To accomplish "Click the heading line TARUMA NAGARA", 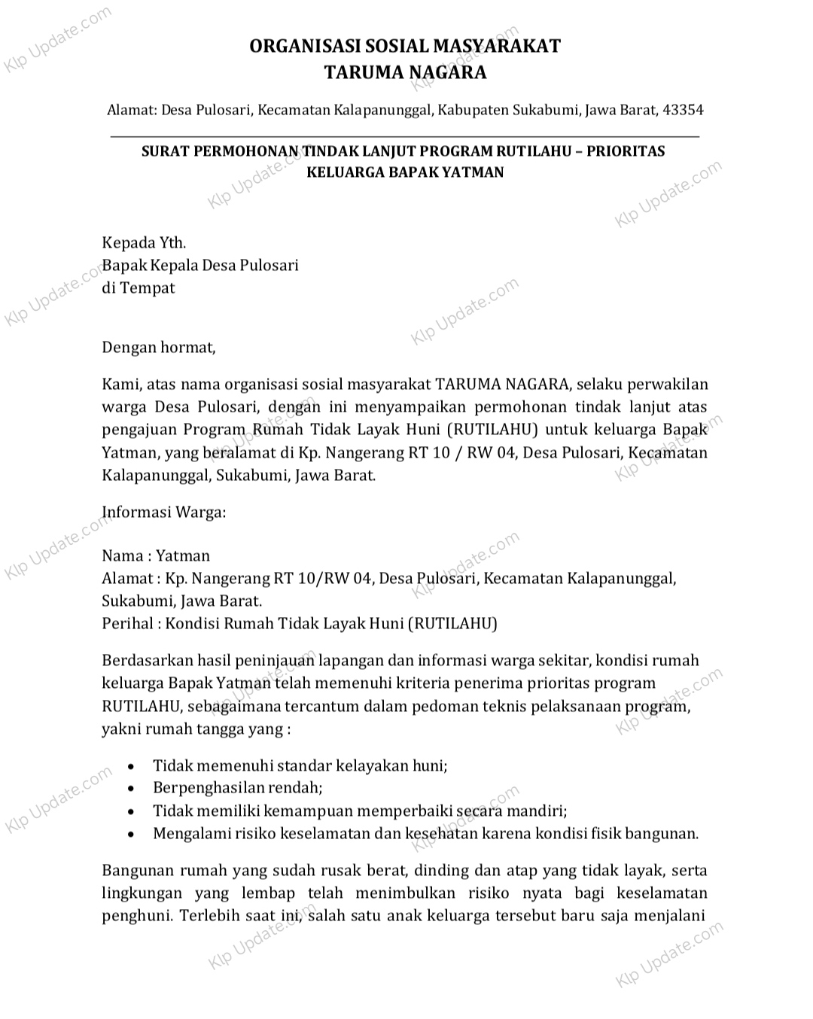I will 405,73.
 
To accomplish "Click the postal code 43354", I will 682,110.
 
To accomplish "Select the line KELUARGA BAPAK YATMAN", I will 405,172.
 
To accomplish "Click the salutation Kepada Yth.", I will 144,243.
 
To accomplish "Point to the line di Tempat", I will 139,288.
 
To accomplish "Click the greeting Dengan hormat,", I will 159,348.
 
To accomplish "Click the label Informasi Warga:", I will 164,513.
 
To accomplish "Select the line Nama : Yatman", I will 156,556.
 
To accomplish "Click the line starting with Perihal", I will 300,624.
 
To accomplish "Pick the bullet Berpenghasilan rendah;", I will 238,789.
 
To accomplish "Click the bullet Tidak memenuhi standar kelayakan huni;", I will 300,766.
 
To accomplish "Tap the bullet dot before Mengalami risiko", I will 132,835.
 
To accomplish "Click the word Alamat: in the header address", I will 132,110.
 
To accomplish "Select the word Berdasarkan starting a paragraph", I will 148,661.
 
